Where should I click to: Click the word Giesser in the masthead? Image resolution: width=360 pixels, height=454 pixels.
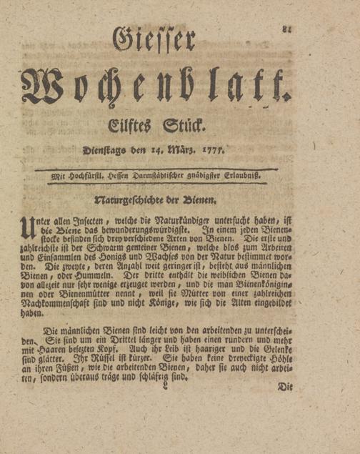(154, 39)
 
